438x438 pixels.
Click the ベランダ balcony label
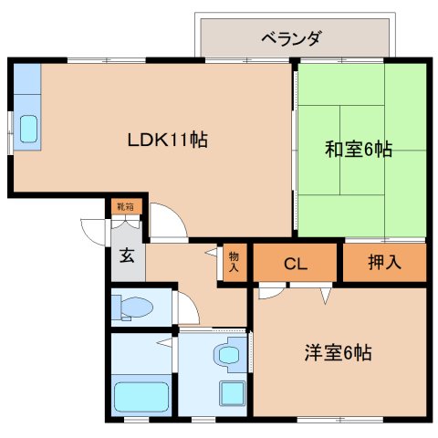(x=290, y=38)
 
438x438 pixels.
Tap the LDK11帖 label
(x=168, y=141)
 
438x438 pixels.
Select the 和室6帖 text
(x=359, y=149)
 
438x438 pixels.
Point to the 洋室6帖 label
(x=338, y=352)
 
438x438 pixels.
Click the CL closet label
(x=296, y=264)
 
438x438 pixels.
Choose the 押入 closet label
(x=384, y=262)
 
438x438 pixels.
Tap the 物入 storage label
(x=234, y=262)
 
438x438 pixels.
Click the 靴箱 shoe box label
(x=126, y=207)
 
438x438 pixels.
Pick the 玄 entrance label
(x=127, y=255)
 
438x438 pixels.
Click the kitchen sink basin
(x=28, y=129)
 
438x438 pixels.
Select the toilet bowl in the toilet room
(x=136, y=308)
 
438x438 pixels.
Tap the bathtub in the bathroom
(x=141, y=397)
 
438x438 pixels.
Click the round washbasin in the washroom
(x=229, y=355)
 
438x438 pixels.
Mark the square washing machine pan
(x=233, y=393)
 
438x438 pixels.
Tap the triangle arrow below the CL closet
(x=325, y=296)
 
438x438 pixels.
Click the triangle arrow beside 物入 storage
(x=212, y=252)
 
